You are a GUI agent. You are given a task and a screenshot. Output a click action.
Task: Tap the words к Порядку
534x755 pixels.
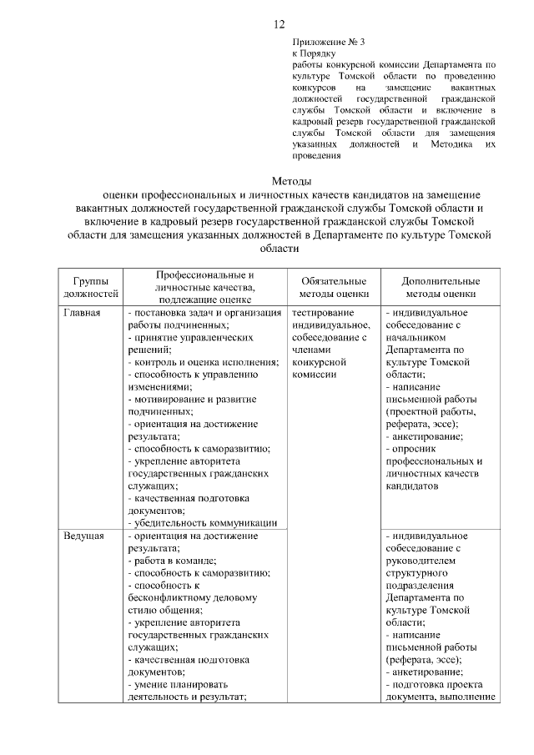pos(315,52)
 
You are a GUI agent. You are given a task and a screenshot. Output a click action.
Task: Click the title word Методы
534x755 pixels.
pos(292,181)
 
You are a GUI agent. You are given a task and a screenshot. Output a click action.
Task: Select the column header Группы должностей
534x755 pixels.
pos(89,287)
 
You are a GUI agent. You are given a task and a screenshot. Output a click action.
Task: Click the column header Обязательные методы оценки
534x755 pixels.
pos(333,287)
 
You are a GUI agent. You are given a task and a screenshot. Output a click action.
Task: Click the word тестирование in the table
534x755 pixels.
pos(323,313)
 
